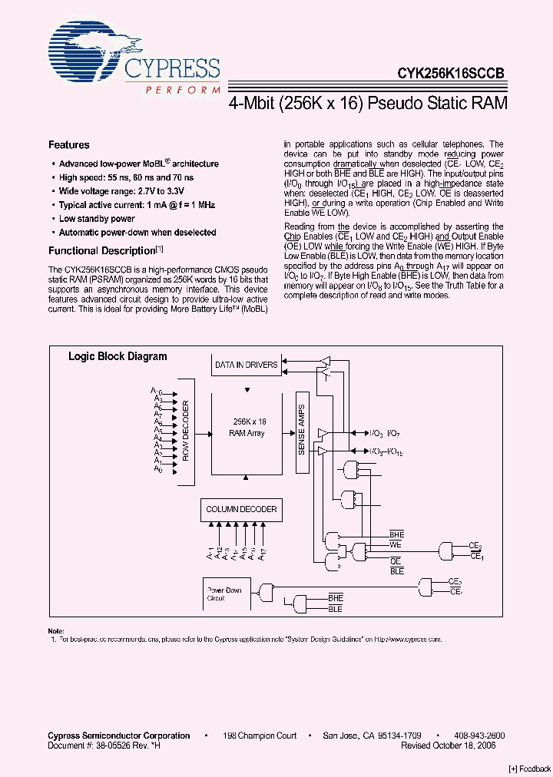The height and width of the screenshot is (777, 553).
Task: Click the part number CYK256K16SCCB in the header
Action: click(451, 74)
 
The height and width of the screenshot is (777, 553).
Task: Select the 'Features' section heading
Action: click(69, 145)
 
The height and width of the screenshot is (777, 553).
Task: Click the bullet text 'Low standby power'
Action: click(97, 219)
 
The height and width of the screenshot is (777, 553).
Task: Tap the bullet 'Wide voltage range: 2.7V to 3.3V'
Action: click(121, 191)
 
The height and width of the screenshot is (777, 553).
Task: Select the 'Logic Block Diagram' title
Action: click(118, 356)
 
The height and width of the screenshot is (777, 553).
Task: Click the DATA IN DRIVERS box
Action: click(246, 365)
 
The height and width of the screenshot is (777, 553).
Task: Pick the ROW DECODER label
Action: click(185, 430)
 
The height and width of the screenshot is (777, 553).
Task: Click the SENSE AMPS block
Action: click(301, 430)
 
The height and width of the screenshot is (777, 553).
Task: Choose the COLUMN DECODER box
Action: click(241, 509)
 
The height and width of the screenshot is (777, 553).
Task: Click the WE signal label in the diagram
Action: click(396, 544)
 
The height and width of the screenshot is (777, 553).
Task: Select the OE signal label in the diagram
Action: click(396, 561)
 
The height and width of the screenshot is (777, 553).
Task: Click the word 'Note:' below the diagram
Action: click(56, 630)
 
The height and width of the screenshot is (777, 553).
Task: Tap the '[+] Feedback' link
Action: click(528, 769)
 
